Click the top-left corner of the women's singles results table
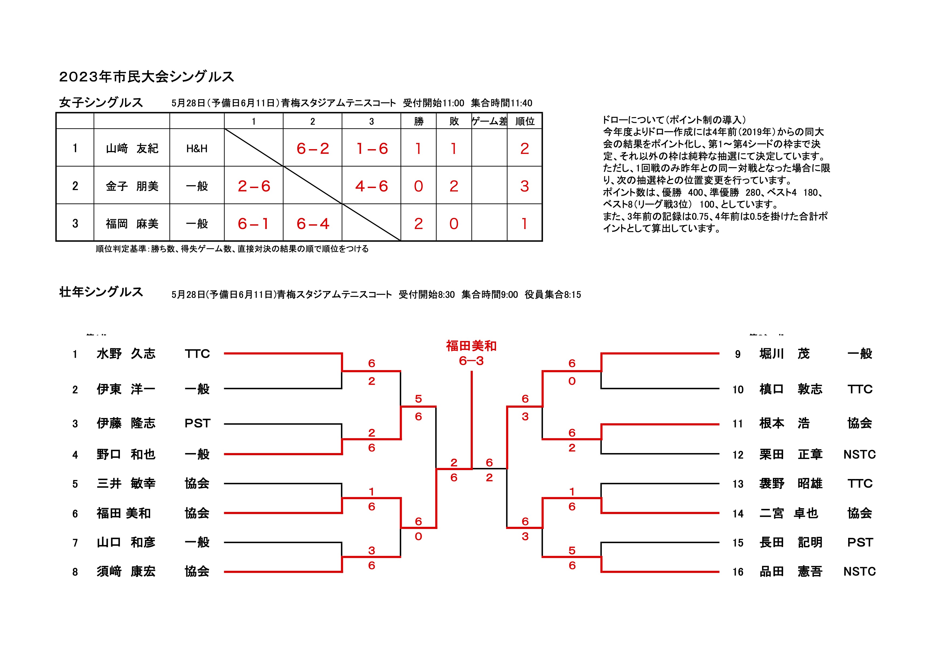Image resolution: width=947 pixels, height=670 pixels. (x=56, y=113)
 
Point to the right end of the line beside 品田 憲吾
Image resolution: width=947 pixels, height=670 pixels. (x=719, y=572)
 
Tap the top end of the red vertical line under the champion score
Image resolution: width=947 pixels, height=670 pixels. (x=471, y=371)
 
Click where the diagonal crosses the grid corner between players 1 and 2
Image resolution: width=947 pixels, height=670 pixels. (x=283, y=166)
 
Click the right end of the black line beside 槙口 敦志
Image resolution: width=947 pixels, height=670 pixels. (x=719, y=388)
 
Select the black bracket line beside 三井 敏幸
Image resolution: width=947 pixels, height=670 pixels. (x=283, y=484)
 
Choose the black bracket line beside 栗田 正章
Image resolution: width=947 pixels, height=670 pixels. (x=660, y=454)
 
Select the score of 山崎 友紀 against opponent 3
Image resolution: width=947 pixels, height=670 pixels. (x=372, y=149)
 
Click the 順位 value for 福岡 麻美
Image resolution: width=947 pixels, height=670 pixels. (x=524, y=224)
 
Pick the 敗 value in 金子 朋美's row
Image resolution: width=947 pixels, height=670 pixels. (x=454, y=186)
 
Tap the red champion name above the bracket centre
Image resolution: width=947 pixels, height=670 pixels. (x=471, y=346)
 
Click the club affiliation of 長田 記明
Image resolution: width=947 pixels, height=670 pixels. (x=860, y=542)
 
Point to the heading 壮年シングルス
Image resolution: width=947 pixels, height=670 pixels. (x=101, y=292)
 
